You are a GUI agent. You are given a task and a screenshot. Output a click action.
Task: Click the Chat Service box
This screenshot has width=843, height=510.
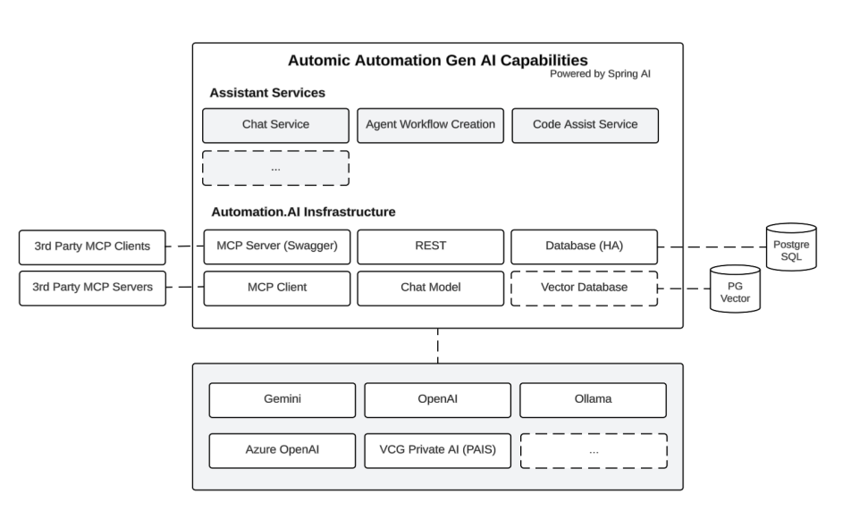click(275, 125)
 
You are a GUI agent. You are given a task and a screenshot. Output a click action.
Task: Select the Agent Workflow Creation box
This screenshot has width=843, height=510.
click(430, 125)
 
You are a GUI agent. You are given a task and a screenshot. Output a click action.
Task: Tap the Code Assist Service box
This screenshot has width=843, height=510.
click(585, 125)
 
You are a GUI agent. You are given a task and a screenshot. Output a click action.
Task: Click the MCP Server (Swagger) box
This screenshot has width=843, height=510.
click(275, 247)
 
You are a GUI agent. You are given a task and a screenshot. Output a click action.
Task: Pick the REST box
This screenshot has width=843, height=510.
click(430, 247)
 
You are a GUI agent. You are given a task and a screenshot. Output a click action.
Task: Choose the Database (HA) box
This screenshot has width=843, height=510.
click(585, 247)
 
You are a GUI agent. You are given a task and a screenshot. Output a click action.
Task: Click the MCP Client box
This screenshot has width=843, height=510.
click(275, 288)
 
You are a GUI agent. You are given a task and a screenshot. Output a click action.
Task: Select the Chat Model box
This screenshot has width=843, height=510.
click(430, 288)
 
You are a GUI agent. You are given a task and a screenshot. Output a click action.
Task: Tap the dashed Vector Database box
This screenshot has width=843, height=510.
click(585, 288)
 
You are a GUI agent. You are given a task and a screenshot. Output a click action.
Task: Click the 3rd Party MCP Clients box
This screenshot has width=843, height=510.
click(91, 247)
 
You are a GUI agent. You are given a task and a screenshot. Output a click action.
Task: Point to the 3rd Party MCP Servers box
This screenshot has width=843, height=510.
click(91, 288)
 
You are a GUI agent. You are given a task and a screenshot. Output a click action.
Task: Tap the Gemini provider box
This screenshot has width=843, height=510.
click(282, 399)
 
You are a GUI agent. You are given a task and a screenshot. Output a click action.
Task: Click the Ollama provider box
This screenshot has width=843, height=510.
click(593, 399)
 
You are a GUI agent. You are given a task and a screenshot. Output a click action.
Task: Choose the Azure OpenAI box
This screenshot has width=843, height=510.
click(282, 450)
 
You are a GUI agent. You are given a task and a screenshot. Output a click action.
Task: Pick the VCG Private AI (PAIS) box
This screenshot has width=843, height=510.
click(437, 450)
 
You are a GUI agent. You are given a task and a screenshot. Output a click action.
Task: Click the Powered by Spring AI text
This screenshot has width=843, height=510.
click(600, 74)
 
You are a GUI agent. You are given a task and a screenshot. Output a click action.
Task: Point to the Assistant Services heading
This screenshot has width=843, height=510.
click(267, 92)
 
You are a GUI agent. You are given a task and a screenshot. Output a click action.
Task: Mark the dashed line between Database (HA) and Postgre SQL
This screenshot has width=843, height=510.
click(712, 247)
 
